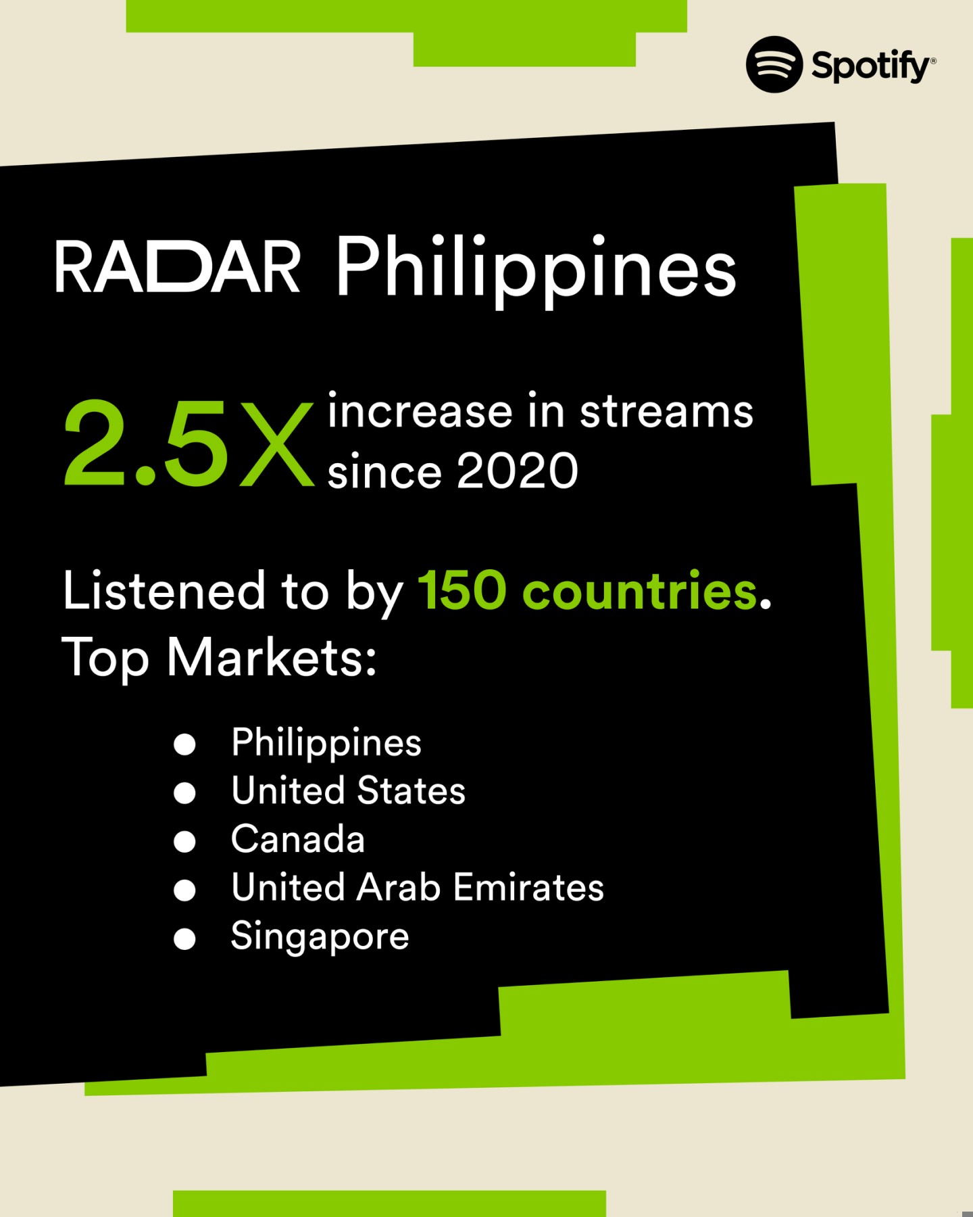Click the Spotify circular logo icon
774,65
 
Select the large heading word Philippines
536,268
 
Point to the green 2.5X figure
189,444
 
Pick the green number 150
462,590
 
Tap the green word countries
639,590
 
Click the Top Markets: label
219,657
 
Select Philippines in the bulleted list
326,742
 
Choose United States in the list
348,790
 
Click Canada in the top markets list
298,839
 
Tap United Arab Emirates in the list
418,887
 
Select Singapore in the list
320,937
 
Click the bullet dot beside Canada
184,842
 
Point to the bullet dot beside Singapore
184,939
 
